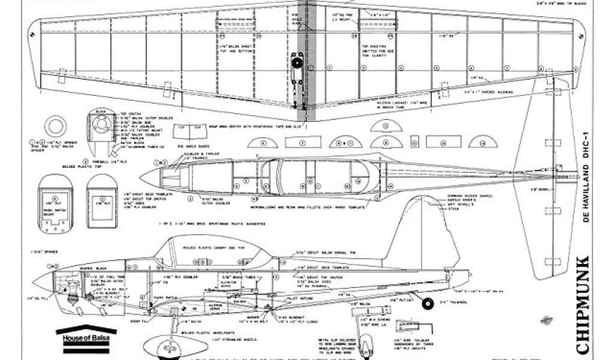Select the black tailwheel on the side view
tap(428, 304)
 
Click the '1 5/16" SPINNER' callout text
tap(36, 251)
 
